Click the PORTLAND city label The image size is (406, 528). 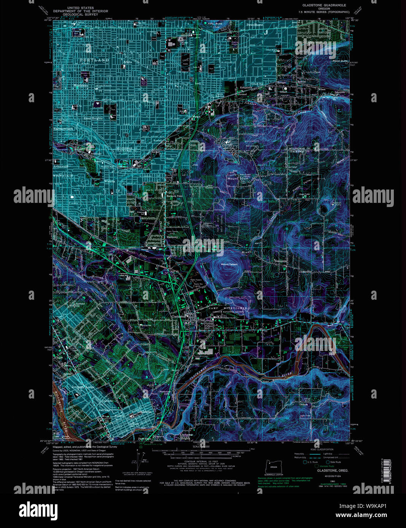click(95, 60)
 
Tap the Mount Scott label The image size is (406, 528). click(238, 179)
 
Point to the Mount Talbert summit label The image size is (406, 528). click(229, 264)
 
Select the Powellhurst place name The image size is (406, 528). click(255, 25)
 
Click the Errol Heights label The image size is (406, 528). click(93, 118)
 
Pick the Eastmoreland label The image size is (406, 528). click(63, 129)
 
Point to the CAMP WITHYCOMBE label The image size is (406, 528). click(228, 308)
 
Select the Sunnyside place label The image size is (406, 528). click(281, 261)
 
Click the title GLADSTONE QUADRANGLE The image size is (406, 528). click(324, 5)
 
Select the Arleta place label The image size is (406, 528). click(127, 62)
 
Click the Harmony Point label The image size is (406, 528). click(174, 196)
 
